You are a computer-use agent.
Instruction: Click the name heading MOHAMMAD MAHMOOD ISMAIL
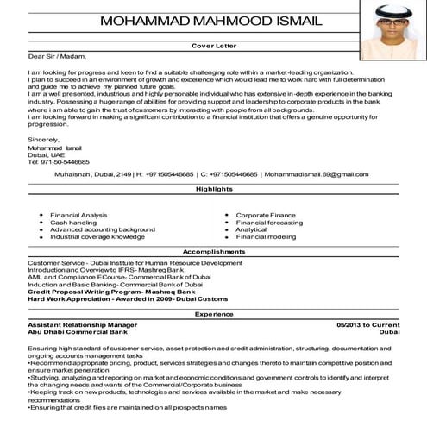click(214, 21)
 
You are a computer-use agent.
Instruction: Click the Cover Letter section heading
click(213, 44)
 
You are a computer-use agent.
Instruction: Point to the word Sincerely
click(44, 138)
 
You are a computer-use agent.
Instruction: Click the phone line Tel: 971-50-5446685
click(58, 161)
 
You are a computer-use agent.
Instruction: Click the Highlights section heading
click(213, 188)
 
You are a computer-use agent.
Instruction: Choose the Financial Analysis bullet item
click(78, 214)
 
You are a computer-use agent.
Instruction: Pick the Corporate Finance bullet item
click(266, 214)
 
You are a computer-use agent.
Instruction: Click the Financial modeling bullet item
click(266, 236)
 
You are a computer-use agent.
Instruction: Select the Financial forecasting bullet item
click(269, 222)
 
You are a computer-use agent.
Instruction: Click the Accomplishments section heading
click(213, 251)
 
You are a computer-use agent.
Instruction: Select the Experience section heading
click(213, 315)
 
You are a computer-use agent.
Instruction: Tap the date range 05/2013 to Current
click(368, 324)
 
